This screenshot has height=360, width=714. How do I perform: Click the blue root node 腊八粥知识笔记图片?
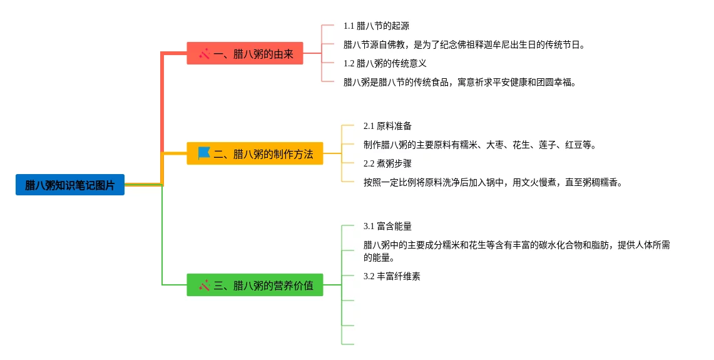coord(70,185)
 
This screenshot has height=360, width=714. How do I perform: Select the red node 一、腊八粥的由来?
coord(245,54)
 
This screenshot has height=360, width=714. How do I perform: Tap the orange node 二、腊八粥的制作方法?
coord(255,153)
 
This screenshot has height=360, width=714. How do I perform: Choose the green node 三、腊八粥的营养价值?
coord(255,285)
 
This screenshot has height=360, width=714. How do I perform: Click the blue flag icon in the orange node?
coord(204,153)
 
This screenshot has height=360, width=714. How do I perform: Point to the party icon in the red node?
coord(204,54)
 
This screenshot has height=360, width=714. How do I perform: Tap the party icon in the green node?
coord(204,285)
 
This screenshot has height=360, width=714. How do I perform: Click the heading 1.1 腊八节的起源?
coord(376,26)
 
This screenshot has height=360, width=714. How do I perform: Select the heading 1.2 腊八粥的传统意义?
coord(385,63)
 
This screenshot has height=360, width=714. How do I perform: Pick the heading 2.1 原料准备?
coord(387,126)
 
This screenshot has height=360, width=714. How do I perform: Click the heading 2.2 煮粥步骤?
coord(387,163)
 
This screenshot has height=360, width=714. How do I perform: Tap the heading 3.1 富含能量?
coord(387,226)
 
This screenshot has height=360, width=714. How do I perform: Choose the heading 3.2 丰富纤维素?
coord(392,276)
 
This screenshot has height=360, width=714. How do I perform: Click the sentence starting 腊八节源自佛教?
coord(464,44)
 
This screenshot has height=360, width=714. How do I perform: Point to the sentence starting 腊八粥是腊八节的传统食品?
coord(459,82)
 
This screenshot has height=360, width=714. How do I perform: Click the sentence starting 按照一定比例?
coord(492,182)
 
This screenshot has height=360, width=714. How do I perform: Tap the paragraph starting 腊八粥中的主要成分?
coord(516,250)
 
